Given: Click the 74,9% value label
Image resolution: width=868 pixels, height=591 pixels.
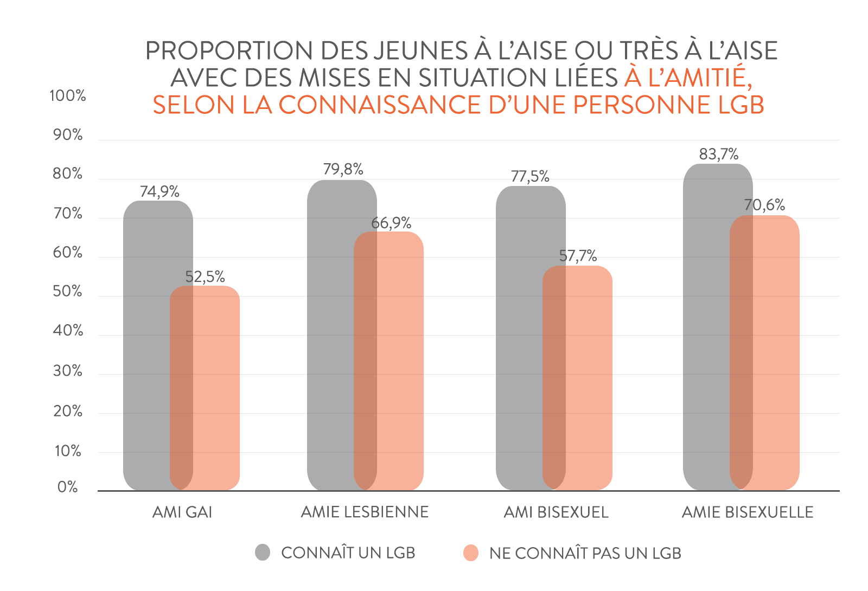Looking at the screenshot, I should pos(159,191).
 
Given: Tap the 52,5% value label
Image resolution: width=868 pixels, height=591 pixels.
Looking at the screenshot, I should pos(205,277).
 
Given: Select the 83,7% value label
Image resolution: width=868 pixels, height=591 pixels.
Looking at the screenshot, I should pos(719,155).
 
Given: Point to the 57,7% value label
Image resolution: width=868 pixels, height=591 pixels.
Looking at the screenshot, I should pos(578,255).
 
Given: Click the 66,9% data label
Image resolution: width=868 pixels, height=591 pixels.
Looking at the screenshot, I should pos(391,223).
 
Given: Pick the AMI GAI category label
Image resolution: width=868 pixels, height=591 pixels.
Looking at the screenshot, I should pos(182,512).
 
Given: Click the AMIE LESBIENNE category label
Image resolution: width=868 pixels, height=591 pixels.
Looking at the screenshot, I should pos(365,512).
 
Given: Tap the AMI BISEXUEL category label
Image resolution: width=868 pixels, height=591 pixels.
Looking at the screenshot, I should pos(556,512).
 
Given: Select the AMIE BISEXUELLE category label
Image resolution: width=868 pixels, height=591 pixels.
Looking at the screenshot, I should pos(748,512).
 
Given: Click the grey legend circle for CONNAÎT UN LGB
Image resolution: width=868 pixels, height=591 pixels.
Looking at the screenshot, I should pos(263,553).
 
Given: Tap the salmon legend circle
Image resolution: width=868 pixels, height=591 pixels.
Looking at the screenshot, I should pos(471,553).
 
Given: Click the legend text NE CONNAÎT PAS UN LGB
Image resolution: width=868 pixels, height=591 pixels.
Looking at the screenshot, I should pos(585,553).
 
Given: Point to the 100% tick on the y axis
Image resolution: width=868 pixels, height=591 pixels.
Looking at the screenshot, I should pos(68,96).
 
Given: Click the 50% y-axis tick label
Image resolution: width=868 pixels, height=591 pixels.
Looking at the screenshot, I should pos(68,292).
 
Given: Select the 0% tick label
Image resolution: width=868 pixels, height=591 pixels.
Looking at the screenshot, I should pos(68,487).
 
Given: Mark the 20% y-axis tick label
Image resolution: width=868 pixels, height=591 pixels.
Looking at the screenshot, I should pos(68,411).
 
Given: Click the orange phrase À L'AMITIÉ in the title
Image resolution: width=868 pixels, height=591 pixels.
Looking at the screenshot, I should pos(688,78).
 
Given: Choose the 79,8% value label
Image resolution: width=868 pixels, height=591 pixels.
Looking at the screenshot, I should pos(343,169).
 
